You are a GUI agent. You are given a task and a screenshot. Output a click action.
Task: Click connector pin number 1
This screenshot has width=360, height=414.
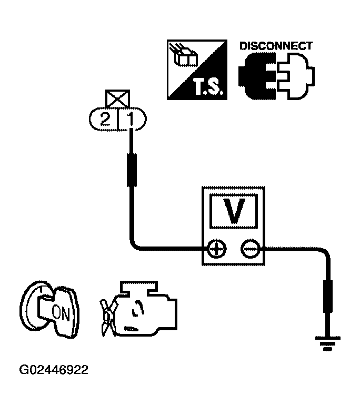pyautogui.click(x=130, y=120)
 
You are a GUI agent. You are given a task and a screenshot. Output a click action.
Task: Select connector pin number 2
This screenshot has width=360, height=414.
pyautogui.click(x=105, y=120)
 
